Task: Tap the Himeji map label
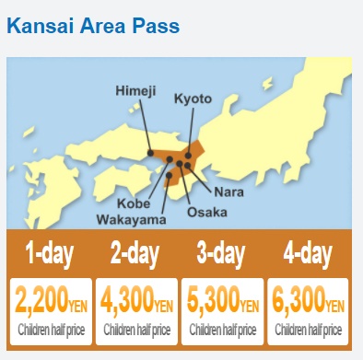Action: pyautogui.click(x=136, y=90)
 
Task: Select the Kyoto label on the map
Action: pyautogui.click(x=193, y=98)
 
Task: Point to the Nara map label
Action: pyautogui.click(x=228, y=192)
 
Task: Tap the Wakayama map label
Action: pyautogui.click(x=132, y=219)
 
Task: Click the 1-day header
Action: pyautogui.click(x=50, y=252)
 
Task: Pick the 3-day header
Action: pyautogui.click(x=222, y=252)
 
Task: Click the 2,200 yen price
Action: pyautogui.click(x=51, y=300)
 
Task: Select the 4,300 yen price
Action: pyautogui.click(x=137, y=300)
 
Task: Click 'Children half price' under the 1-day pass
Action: pyautogui.click(x=51, y=329)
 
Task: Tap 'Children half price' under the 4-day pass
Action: pyautogui.click(x=309, y=329)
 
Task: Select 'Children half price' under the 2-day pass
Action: pyautogui.click(x=137, y=329)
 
